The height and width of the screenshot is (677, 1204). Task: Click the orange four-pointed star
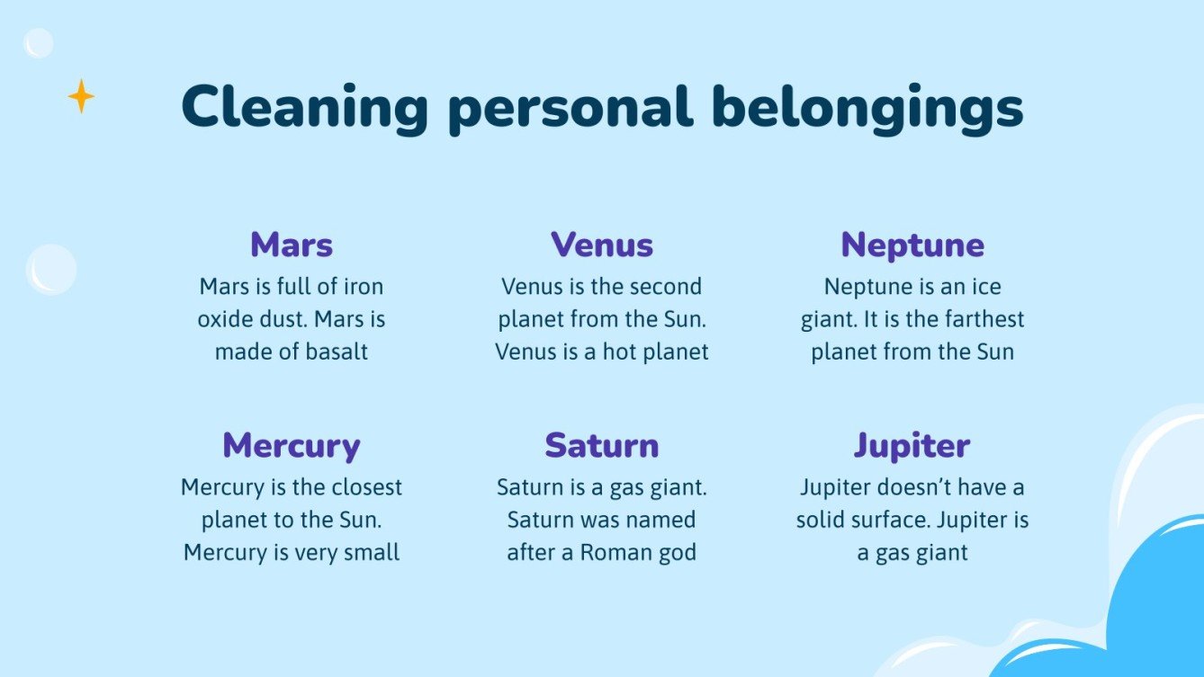click(81, 96)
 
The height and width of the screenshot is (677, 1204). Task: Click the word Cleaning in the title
click(304, 108)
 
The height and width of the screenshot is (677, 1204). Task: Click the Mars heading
click(292, 245)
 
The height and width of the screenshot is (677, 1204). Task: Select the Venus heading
click(601, 245)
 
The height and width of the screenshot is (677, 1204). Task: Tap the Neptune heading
click(912, 245)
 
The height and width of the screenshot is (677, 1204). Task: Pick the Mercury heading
click(292, 447)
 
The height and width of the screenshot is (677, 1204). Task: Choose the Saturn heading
click(601, 446)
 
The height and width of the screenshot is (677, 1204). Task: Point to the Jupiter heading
click(912, 447)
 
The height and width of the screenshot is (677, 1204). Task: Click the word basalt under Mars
click(337, 352)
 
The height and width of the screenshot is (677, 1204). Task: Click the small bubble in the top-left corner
click(39, 43)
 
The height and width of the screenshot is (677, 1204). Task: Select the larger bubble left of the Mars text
click(51, 270)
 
